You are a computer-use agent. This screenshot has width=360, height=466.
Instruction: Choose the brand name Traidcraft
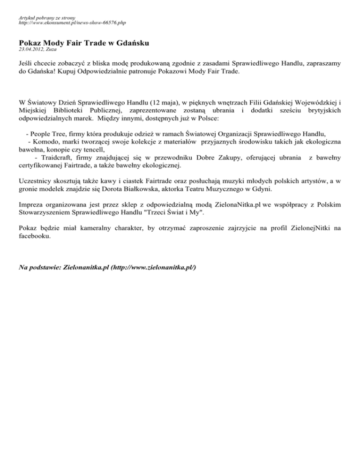tap(59, 157)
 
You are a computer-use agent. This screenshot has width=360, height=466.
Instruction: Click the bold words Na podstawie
tap(39, 267)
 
